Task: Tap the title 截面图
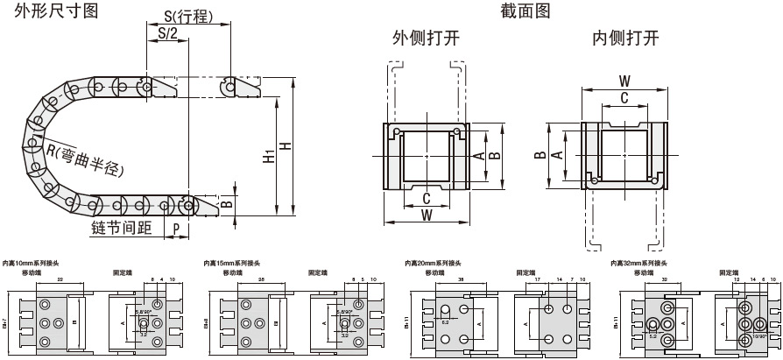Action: [526, 11]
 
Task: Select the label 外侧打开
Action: [426, 39]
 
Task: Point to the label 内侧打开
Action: [625, 39]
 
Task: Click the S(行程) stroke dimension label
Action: [189, 17]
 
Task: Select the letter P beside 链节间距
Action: [176, 228]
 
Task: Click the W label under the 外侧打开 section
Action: [426, 214]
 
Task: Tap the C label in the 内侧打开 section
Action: [624, 98]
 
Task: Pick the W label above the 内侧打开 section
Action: [624, 81]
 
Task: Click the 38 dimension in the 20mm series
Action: [461, 279]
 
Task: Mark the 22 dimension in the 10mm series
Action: [59, 279]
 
